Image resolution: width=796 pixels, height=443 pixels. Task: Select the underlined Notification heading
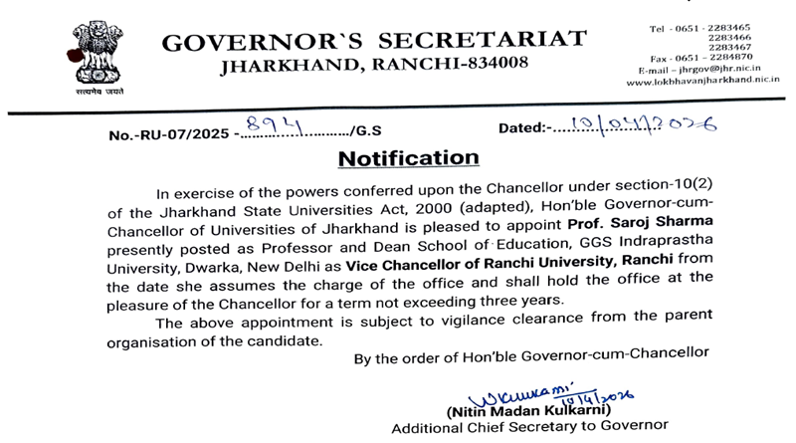[408, 158]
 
